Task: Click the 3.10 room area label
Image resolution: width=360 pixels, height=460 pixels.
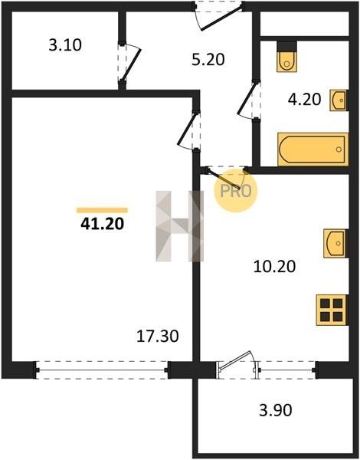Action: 65,45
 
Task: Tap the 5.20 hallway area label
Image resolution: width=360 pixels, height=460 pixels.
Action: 208,60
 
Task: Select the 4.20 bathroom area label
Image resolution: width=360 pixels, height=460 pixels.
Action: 304,99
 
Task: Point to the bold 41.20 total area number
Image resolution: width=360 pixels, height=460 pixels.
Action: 103,224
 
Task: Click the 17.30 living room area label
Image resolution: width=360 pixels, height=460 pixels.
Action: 158,337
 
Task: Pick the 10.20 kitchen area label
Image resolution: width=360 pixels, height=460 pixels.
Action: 274,267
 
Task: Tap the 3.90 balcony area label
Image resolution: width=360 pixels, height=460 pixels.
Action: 276,410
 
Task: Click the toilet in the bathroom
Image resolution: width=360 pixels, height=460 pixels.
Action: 286,58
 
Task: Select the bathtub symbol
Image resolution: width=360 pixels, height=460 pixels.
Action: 313,149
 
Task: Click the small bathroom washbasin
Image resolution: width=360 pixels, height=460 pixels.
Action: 339,100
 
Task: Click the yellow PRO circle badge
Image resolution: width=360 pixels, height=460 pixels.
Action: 235,191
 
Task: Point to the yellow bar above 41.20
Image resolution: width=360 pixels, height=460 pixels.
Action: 102,210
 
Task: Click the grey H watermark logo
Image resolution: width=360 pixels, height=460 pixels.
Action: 180,226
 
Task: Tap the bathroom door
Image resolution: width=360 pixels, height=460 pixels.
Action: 247,100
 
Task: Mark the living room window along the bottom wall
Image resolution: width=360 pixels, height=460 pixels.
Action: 102,370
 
